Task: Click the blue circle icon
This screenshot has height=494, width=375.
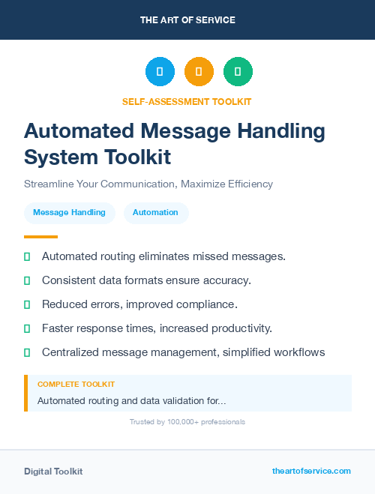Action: click(160, 72)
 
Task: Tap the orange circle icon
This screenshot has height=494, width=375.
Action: click(199, 72)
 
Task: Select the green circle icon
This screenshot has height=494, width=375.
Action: click(238, 72)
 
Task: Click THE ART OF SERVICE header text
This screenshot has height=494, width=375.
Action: click(187, 20)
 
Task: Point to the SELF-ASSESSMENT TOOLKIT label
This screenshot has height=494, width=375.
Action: click(187, 101)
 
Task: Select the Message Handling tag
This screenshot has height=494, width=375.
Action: click(69, 213)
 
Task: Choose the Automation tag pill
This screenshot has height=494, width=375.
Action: click(155, 213)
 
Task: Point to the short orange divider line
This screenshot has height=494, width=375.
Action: click(40, 237)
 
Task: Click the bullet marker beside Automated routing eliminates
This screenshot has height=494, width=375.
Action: click(27, 256)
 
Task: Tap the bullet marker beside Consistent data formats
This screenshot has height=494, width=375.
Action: click(27, 280)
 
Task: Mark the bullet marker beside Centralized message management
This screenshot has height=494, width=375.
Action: click(27, 352)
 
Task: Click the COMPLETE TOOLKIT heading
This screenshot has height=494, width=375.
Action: click(76, 385)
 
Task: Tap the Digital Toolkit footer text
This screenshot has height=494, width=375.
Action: click(53, 472)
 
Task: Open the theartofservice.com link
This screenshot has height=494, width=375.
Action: click(311, 471)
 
